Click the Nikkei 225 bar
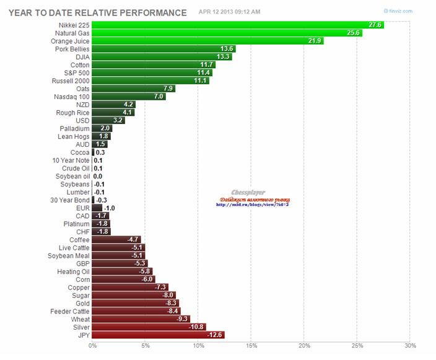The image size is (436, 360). pos(238,25)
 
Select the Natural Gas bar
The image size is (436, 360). pos(227,33)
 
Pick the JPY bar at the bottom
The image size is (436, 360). pos(158,335)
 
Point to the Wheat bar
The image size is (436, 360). pos(141,319)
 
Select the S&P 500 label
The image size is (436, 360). pos(76,72)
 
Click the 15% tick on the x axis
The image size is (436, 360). pos(251,346)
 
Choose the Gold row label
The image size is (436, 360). pos(82,303)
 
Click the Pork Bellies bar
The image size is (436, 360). pos(163,49)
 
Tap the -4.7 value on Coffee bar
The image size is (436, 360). pos(133,240)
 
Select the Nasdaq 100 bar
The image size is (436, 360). pos(129,97)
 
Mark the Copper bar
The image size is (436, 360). pos(130,288)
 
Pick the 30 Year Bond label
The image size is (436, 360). pos(70,200)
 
